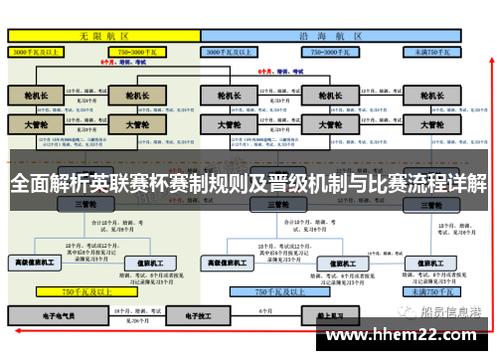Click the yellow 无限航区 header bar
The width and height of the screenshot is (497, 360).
tap(103, 34)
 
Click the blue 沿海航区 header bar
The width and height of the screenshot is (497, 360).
tap(332, 34)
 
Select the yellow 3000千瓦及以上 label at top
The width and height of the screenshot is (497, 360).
tap(39, 50)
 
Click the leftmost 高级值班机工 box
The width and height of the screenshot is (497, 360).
tap(36, 263)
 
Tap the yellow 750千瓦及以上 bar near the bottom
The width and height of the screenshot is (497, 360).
tap(83, 292)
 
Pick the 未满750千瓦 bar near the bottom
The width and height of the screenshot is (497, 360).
tap(427, 292)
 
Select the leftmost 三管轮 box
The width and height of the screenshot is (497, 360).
tap(83, 204)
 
